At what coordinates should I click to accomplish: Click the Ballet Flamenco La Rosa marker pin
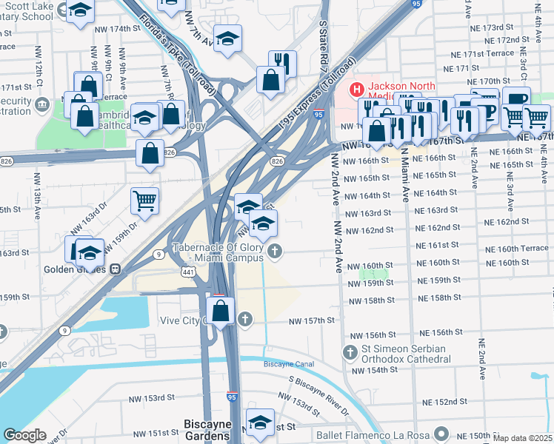442,433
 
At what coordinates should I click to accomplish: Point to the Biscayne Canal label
289,364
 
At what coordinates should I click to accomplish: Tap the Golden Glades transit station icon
116,269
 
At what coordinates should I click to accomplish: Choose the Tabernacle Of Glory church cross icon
275,252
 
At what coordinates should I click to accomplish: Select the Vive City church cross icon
245,320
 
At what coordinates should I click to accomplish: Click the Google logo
24,435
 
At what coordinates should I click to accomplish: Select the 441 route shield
190,274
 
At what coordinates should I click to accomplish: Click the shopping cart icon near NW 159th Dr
144,199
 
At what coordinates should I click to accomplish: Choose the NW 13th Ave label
36,195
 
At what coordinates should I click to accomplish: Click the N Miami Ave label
404,175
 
